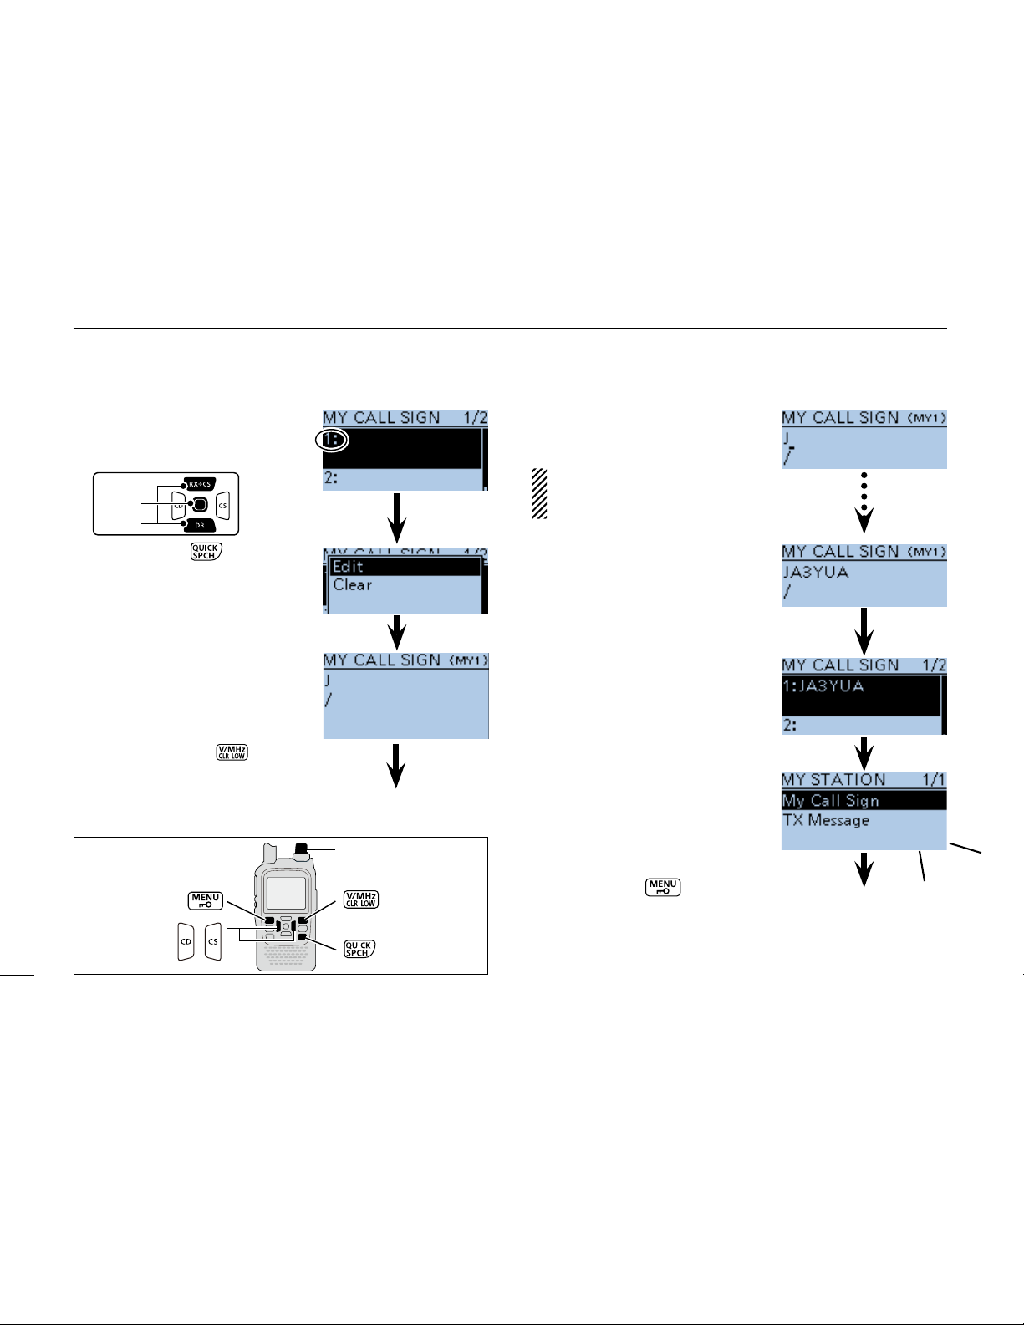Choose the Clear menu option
(x=353, y=585)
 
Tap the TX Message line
(x=826, y=820)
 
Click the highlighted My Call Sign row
(x=864, y=801)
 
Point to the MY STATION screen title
(x=833, y=780)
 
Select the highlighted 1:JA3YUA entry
(x=860, y=696)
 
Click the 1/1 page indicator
(x=933, y=780)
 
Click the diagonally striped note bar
(x=539, y=494)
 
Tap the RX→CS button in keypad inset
(x=200, y=484)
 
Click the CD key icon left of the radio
(x=186, y=941)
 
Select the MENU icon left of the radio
(x=206, y=900)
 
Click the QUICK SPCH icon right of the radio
(x=359, y=949)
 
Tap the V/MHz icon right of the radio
(x=361, y=899)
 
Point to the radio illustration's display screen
(x=285, y=893)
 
